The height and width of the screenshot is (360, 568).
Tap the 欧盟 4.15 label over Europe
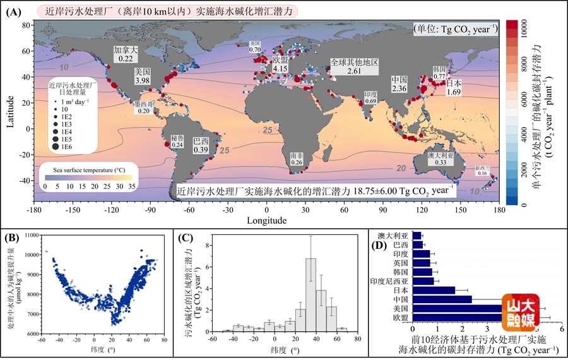pyautogui.click(x=280, y=63)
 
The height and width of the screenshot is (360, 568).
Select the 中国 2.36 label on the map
pyautogui.click(x=399, y=85)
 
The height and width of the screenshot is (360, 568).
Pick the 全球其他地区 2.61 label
pyautogui.click(x=355, y=68)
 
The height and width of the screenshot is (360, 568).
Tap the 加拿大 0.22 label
pyautogui.click(x=125, y=54)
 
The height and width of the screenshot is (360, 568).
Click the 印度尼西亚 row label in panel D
pyautogui.click(x=391, y=280)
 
